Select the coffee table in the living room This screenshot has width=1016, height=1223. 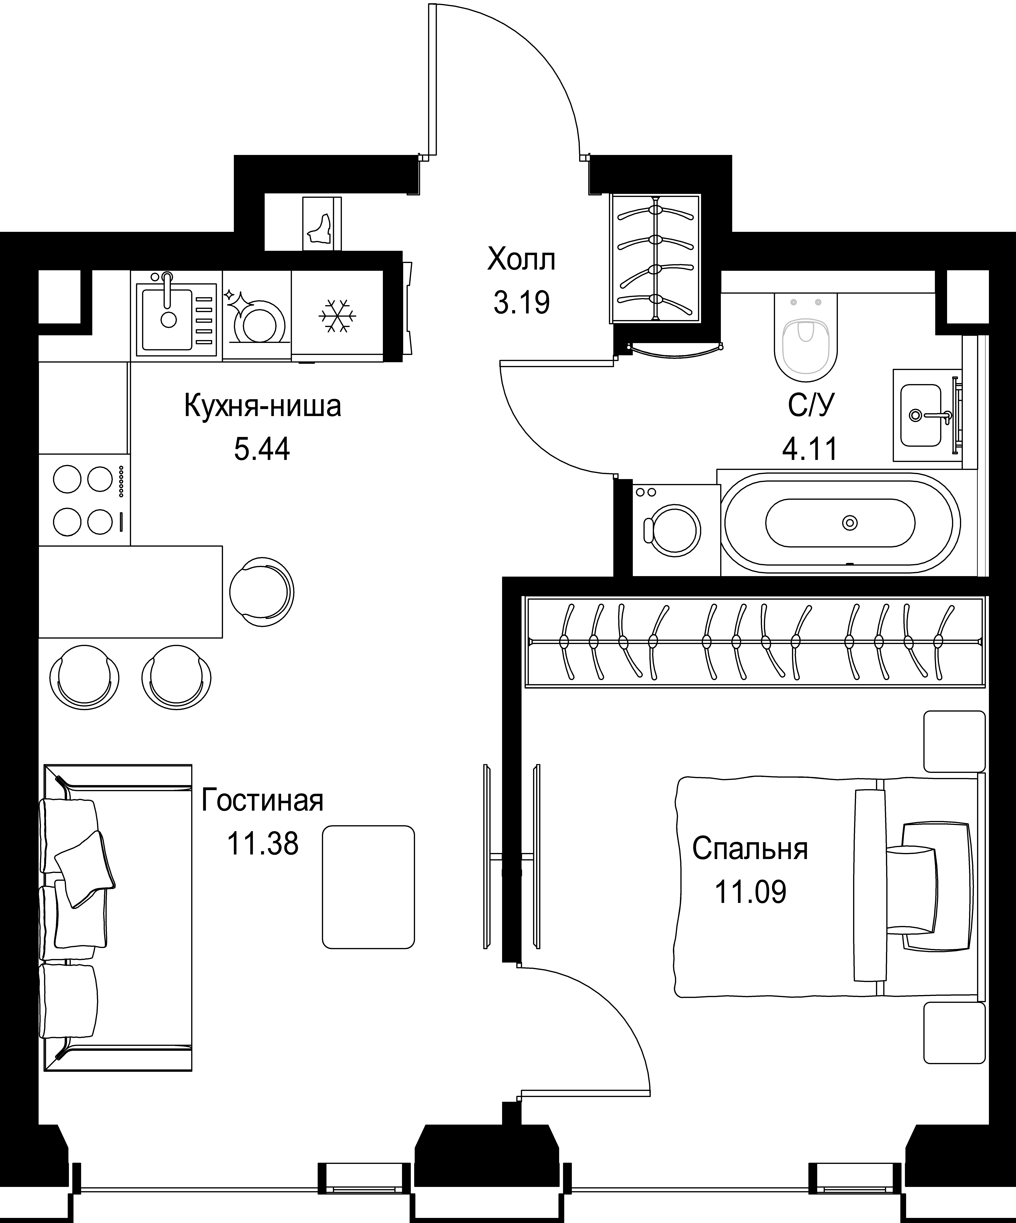[x=369, y=887]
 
